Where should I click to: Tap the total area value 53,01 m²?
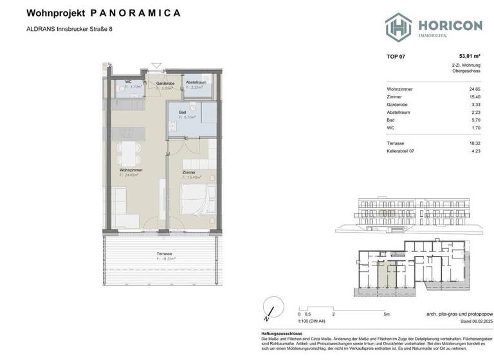(468, 57)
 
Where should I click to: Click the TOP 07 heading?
(396, 57)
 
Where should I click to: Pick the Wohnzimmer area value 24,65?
(474, 89)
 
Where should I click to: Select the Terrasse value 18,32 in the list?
(474, 143)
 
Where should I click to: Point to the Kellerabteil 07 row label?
(403, 151)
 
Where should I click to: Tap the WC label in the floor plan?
(128, 82)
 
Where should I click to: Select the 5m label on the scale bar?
(386, 314)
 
